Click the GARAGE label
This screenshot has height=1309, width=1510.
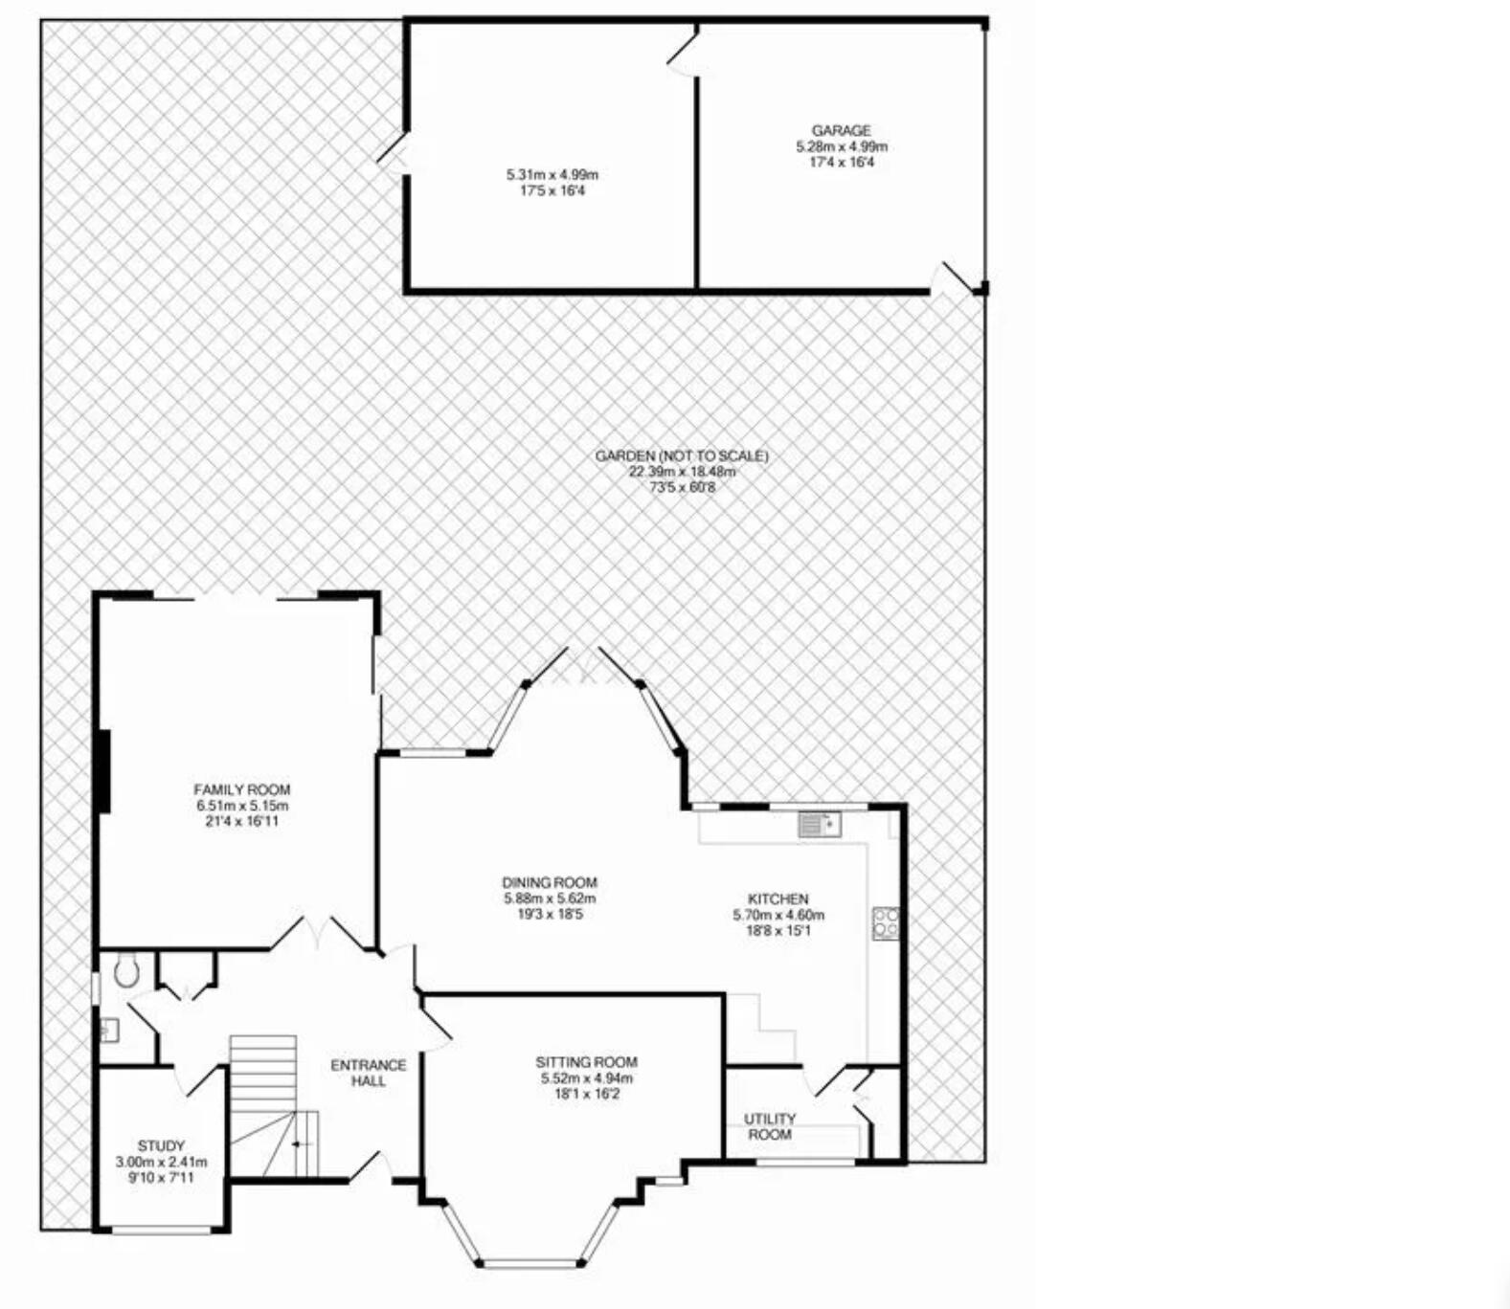(841, 131)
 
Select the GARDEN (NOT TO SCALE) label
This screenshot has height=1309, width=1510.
(681, 456)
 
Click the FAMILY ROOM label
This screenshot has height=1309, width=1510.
(241, 790)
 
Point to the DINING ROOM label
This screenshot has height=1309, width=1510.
(550, 883)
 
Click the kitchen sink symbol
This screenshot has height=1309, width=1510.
(819, 824)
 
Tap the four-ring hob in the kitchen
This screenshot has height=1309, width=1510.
(885, 922)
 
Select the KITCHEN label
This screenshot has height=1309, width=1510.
(778, 899)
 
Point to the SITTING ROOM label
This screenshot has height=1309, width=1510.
(586, 1062)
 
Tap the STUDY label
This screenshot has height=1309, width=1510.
(161, 1146)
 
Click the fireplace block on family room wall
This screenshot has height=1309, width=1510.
(102, 771)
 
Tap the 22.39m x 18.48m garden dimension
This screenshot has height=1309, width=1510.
(681, 472)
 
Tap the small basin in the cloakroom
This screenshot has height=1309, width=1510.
(107, 1031)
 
